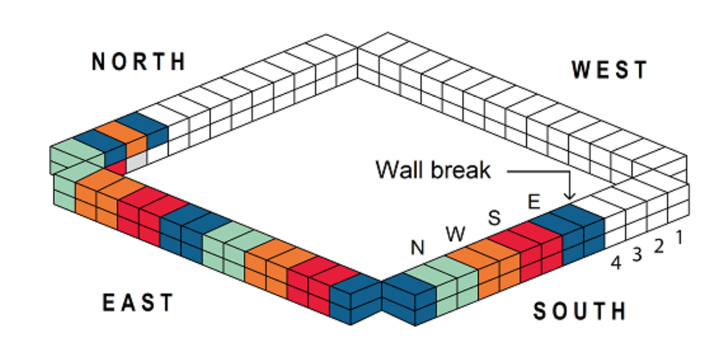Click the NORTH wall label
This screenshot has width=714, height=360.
[x=139, y=61]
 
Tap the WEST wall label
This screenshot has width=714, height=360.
[x=609, y=70]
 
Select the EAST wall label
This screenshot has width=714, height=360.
[x=138, y=303]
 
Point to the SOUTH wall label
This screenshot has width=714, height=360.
[x=579, y=312]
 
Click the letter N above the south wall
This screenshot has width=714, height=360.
[x=418, y=248]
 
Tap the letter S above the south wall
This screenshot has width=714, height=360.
[x=495, y=217]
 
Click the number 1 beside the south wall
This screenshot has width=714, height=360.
[x=679, y=238]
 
